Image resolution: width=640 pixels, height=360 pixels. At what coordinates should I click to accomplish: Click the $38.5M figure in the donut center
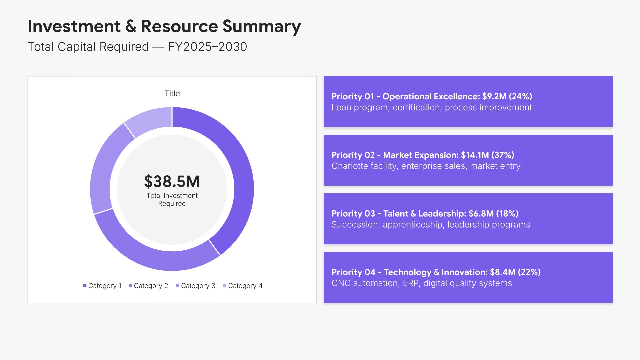172,182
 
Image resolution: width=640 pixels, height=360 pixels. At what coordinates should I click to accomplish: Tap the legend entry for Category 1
102,286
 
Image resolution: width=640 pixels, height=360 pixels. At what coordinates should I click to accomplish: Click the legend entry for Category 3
196,286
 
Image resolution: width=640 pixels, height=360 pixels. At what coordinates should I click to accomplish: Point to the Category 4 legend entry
243,286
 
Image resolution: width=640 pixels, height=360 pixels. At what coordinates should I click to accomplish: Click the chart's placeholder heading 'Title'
172,94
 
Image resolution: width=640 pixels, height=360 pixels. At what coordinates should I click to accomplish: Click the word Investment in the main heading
74,26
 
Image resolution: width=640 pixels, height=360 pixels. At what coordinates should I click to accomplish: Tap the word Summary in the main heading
262,26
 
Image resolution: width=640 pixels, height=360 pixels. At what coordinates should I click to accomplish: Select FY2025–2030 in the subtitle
207,47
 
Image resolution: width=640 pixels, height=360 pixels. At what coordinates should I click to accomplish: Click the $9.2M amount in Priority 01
494,96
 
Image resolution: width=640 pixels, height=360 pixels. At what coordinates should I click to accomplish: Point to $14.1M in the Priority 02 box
475,155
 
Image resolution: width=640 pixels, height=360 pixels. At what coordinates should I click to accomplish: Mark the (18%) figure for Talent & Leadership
507,214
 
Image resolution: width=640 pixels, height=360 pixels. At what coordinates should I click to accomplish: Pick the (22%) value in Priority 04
529,272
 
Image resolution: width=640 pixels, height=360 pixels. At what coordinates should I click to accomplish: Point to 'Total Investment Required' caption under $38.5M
172,199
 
